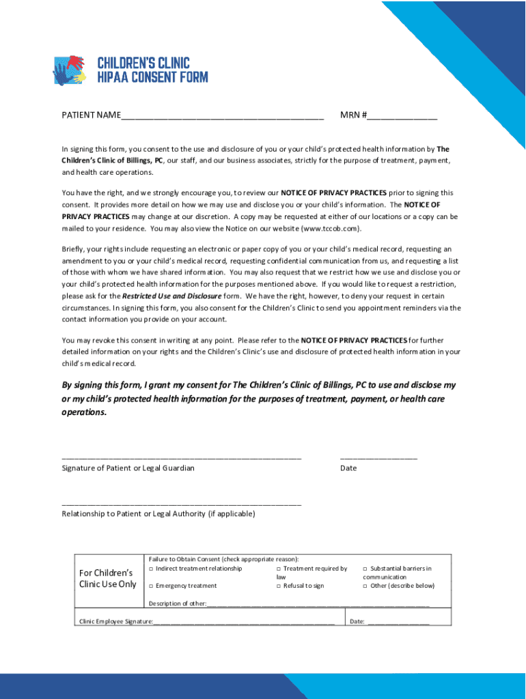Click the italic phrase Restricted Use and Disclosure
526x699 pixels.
(171, 296)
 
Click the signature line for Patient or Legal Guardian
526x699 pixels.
(181, 457)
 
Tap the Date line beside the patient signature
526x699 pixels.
(378, 457)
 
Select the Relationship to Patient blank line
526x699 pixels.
(181, 502)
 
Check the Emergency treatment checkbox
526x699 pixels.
(150, 586)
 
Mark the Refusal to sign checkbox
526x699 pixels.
(279, 586)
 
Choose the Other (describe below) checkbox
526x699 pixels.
(365, 586)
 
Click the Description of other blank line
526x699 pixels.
(318, 605)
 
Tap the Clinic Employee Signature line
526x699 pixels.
(244, 623)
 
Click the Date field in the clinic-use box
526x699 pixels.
(398, 623)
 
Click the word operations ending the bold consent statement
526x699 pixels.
(84, 413)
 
